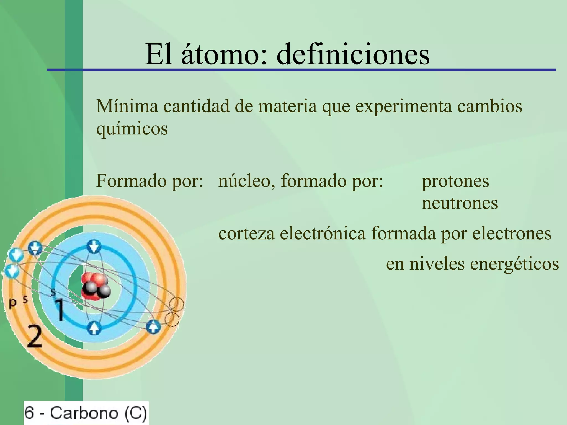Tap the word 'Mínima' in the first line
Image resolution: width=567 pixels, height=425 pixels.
(127, 106)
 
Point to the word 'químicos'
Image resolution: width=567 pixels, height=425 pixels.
(132, 129)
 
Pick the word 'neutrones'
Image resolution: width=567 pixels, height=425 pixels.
(460, 203)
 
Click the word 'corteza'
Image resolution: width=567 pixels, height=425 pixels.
(246, 233)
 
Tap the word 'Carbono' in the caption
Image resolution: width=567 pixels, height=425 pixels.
(84, 413)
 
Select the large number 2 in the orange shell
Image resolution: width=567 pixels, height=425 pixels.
(35, 336)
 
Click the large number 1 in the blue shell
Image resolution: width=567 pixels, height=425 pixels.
(60, 310)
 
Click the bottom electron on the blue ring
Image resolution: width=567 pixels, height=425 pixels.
(94, 328)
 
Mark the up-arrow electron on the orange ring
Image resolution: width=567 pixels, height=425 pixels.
(153, 327)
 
